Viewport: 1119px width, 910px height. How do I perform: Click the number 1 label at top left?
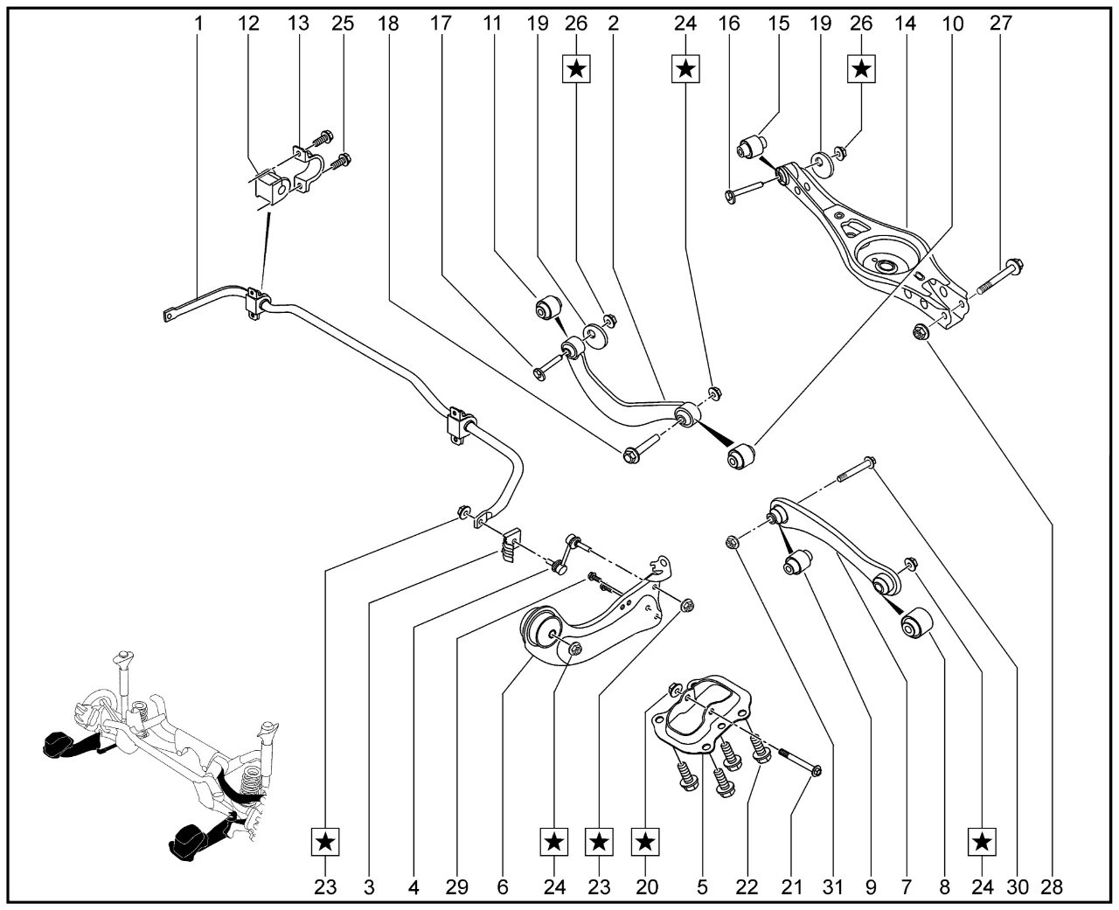[198, 24]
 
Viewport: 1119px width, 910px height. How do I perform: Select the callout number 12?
[250, 24]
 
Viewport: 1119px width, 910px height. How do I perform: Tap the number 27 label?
[1000, 24]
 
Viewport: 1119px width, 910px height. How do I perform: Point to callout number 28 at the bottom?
[1051, 887]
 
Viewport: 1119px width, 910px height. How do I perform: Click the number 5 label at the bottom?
[702, 887]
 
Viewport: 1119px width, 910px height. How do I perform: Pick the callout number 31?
[832, 887]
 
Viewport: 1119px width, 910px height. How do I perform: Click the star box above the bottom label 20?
[645, 844]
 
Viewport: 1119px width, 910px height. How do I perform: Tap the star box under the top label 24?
[686, 68]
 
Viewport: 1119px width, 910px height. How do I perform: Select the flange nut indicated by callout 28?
[920, 331]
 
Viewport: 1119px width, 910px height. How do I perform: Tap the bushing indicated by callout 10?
[746, 455]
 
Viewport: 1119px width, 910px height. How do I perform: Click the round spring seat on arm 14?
[878, 261]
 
